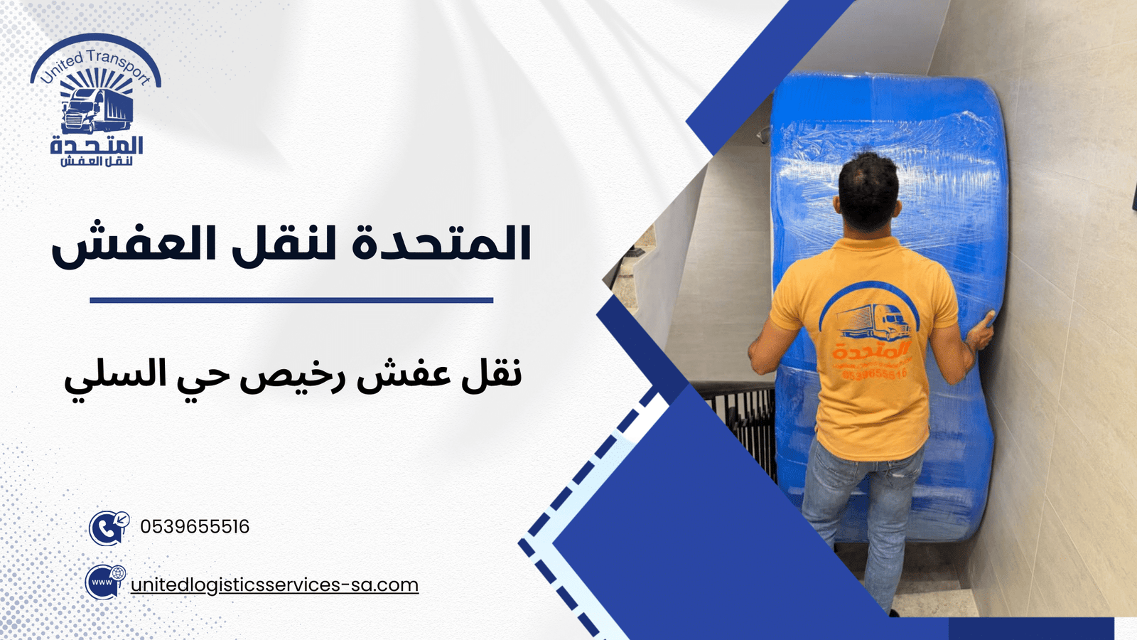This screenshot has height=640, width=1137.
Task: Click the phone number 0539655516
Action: click(x=195, y=527)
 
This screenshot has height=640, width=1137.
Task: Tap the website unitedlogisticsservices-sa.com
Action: click(x=274, y=585)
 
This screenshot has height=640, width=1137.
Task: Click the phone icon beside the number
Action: click(x=108, y=528)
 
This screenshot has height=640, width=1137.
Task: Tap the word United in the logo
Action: click(x=62, y=68)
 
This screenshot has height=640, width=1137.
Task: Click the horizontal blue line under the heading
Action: click(x=291, y=300)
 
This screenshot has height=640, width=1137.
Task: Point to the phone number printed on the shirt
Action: click(x=875, y=373)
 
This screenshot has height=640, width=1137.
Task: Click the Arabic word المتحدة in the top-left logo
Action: click(x=97, y=146)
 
